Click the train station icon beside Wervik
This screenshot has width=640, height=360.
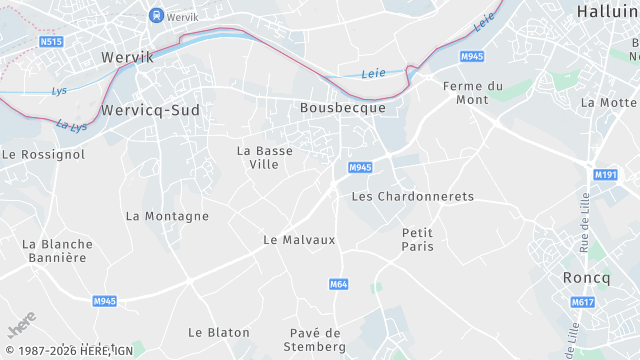(155, 15)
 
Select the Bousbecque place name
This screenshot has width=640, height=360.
(343, 107)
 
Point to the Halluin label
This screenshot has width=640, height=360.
(607, 11)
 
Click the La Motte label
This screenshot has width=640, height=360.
(608, 102)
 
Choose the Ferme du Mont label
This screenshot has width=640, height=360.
(451, 93)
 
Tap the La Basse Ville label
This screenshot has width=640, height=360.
(264, 157)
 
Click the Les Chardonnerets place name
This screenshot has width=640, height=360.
(412, 196)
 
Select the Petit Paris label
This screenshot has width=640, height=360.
(417, 239)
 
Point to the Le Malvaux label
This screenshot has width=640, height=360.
(299, 240)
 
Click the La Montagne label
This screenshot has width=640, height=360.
(167, 216)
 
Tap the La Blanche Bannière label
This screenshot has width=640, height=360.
(57, 251)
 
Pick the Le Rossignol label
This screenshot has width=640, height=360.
(43, 155)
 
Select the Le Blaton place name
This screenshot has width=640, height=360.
(219, 332)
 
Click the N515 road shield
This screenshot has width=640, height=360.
(50, 42)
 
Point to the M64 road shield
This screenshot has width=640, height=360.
(338, 285)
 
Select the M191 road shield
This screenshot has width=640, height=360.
(605, 175)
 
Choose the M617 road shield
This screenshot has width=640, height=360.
(582, 302)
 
